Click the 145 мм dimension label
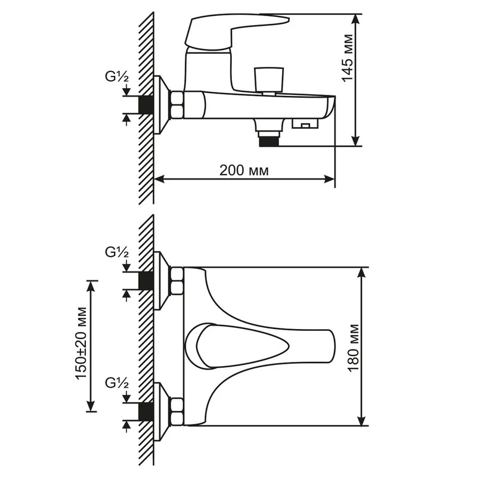348,58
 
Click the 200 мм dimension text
244,171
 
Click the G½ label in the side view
117,77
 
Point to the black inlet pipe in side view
145,105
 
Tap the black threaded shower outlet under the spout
270,141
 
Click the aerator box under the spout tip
305,123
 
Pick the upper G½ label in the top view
117,252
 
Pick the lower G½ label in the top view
117,383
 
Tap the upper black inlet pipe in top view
145,280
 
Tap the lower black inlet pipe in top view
145,411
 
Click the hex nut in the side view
178,105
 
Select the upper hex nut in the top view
178,280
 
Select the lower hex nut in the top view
178,411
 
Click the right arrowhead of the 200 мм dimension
330,179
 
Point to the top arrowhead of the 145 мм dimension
355,20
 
